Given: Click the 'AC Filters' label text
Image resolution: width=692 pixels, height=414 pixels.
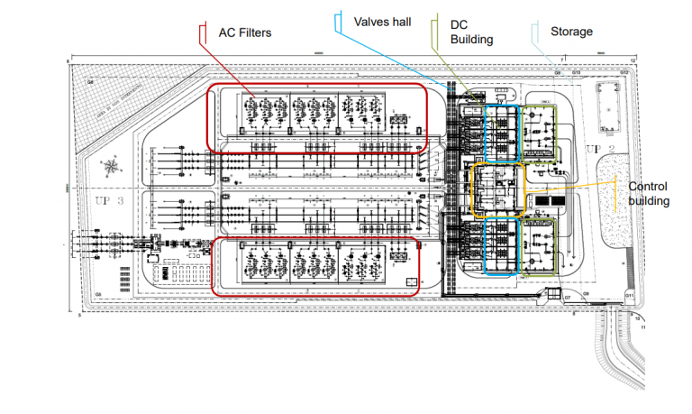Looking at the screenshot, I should point(245,32).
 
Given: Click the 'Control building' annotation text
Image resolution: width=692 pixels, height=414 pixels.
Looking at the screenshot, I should point(647,193).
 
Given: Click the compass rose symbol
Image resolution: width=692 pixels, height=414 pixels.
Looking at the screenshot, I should point(110,166).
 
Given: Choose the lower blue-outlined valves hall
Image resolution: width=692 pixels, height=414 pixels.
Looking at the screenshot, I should point(502,245).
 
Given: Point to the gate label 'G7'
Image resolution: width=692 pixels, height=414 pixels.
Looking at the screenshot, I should point(567,297).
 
